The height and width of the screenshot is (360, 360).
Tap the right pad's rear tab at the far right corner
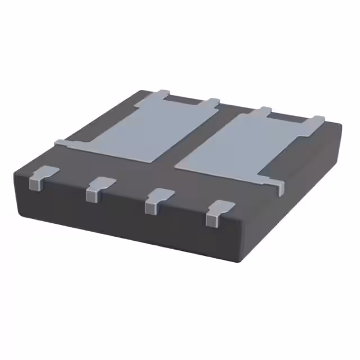point(317,120)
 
